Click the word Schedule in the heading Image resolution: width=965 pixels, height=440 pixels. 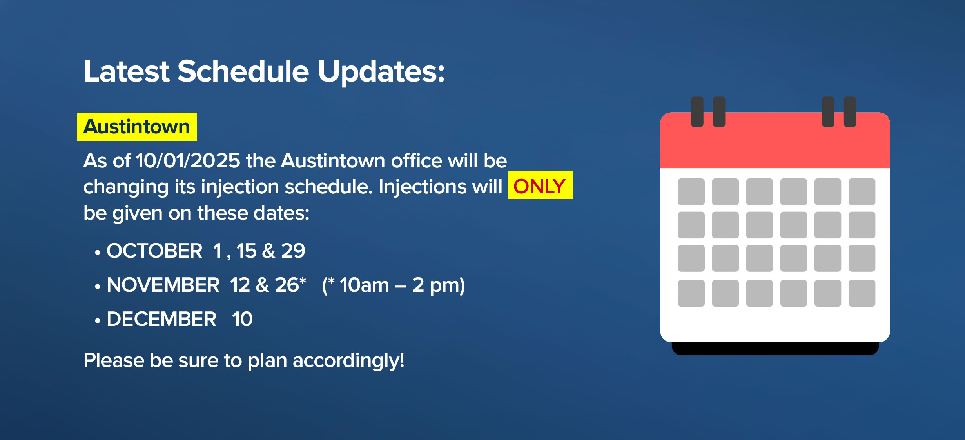(x=243, y=71)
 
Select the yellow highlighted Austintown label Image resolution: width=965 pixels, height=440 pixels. (x=137, y=127)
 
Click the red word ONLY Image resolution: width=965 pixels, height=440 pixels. (x=540, y=186)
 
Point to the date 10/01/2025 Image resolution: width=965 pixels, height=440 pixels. (x=188, y=161)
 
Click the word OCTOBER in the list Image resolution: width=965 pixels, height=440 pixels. (x=154, y=251)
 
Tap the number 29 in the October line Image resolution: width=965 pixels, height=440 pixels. (x=293, y=251)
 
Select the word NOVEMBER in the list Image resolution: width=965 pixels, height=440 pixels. (x=163, y=285)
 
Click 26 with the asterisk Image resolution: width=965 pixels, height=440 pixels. (x=290, y=285)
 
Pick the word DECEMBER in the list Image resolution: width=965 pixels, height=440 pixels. (x=161, y=319)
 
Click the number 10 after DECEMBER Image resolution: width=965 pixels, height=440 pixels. (x=242, y=319)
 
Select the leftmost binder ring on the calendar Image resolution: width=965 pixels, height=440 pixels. (x=697, y=112)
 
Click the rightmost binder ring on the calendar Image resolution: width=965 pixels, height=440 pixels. (x=850, y=112)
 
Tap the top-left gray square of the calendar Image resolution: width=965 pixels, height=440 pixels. (x=691, y=192)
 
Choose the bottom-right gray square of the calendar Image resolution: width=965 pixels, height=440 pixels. (x=862, y=293)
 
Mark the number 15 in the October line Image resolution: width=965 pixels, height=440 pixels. (x=246, y=251)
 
